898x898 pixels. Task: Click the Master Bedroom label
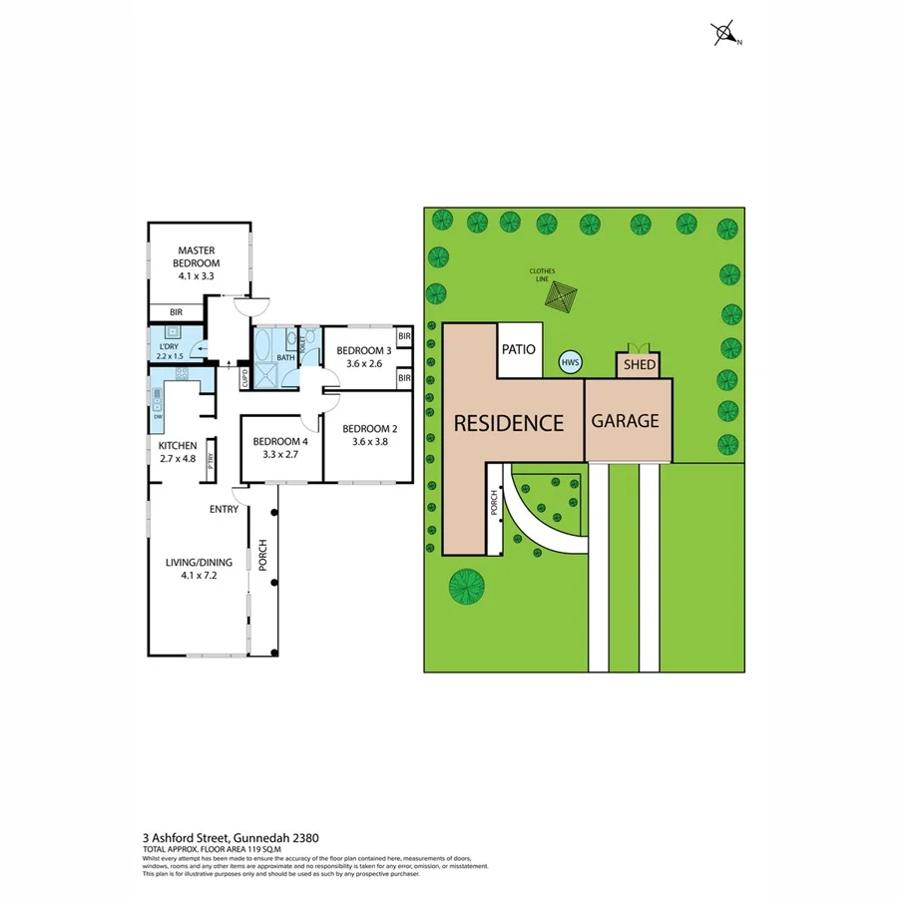pos(199,256)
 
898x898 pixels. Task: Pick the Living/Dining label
pos(199,562)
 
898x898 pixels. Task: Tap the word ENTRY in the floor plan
pos(224,509)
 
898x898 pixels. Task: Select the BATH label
pos(286,356)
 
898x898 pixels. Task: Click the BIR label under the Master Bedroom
pos(176,312)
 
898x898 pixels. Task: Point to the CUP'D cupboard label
pos(243,379)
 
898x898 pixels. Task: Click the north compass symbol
pos(724,35)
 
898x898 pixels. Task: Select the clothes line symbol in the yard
pos(562,298)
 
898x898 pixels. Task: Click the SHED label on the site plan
pos(640,365)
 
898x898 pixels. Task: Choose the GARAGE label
pos(626,421)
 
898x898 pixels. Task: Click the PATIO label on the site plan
pos(518,350)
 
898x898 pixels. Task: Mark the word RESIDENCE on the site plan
pos(509,422)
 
